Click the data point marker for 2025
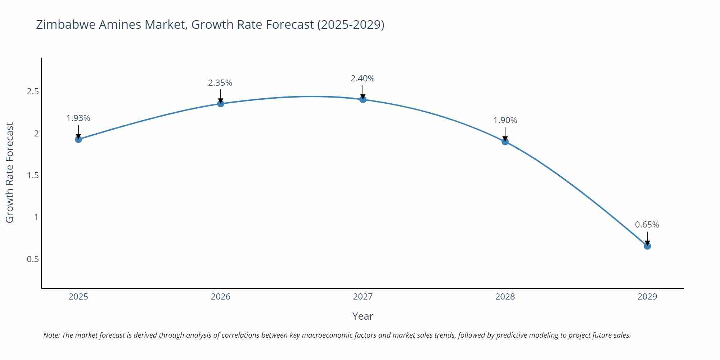pos(78,139)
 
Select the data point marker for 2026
pos(221,104)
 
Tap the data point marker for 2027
pos(363,99)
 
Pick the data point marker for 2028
pos(505,142)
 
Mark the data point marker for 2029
pos(647,246)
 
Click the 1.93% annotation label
pos(78,118)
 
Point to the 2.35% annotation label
pos(220,83)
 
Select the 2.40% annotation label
pos(363,78)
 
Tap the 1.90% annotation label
pos(505,120)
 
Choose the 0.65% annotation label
pos(647,225)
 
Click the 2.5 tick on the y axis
pos(33,91)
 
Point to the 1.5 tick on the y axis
pos(33,175)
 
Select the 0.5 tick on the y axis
pos(33,259)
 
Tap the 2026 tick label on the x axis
pos(221,297)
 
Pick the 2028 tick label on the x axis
pos(505,297)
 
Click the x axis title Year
pos(363,316)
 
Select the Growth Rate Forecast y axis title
pos(10,173)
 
